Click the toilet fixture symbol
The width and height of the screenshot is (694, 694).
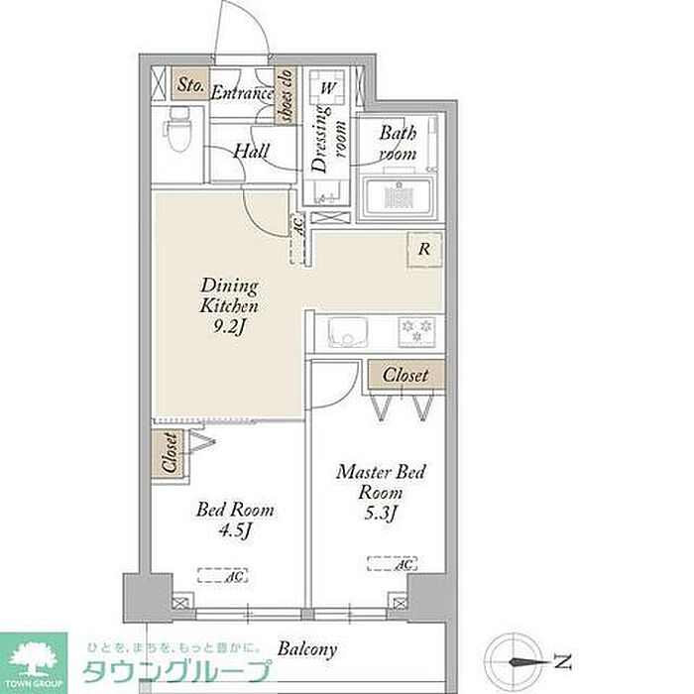tap(178, 130)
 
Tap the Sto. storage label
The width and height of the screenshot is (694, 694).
tap(190, 84)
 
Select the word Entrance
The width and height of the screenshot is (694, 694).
tap(242, 93)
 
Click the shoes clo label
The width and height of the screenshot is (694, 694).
tap(286, 95)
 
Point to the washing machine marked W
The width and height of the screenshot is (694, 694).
tap(327, 87)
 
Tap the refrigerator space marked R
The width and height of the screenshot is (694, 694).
tap(424, 249)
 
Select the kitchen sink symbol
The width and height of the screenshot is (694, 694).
tap(347, 332)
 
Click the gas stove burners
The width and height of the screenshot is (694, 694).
tap(416, 331)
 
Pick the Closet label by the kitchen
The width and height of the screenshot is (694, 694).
tap(405, 376)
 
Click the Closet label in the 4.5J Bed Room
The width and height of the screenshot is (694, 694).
tap(170, 453)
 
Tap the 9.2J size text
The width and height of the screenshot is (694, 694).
tap(229, 327)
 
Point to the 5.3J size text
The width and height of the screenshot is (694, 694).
tap(380, 514)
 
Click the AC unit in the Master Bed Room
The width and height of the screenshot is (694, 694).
tap(393, 563)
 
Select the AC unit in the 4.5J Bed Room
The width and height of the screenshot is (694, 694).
tap(223, 575)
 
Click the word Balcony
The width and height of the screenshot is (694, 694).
tap(307, 649)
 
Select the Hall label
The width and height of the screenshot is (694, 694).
tap(251, 152)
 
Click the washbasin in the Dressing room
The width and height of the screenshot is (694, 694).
tap(326, 191)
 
